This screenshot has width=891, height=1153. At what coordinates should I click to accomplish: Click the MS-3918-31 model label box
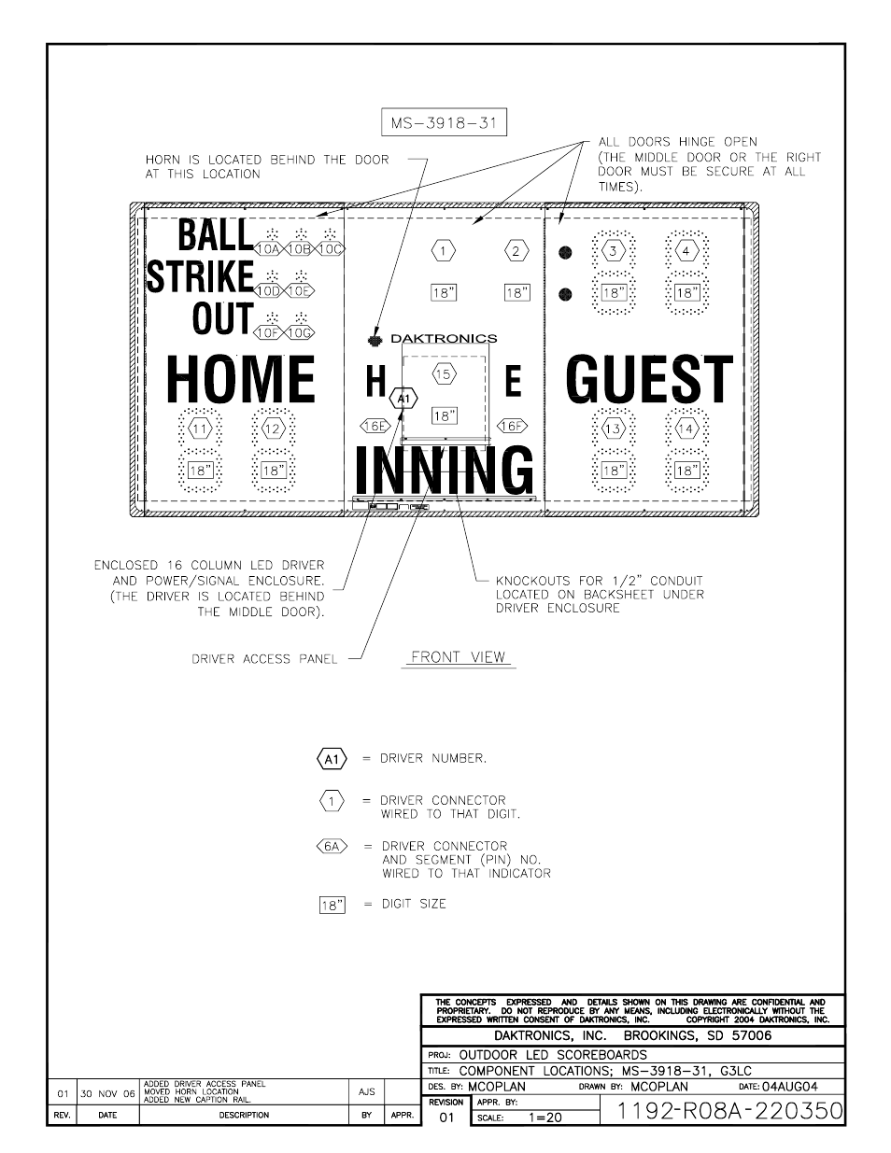pyautogui.click(x=444, y=123)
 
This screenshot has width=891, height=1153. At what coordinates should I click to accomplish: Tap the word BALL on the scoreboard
pyautogui.click(x=215, y=234)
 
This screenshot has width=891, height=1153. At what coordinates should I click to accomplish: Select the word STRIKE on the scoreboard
pyautogui.click(x=201, y=276)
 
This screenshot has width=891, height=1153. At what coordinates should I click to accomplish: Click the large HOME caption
pyautogui.click(x=241, y=379)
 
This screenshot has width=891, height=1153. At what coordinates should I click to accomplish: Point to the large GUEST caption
pyautogui.click(x=649, y=379)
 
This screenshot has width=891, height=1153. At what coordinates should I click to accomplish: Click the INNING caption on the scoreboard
pyautogui.click(x=445, y=471)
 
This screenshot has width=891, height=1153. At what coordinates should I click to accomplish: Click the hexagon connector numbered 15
pyautogui.click(x=444, y=374)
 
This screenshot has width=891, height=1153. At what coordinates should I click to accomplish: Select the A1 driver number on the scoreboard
pyautogui.click(x=404, y=399)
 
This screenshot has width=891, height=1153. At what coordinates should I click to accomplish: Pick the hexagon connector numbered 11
pyautogui.click(x=200, y=429)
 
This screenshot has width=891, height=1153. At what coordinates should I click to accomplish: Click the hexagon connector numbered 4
pyautogui.click(x=686, y=251)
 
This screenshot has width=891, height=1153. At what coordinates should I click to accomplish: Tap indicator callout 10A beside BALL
pyautogui.click(x=269, y=249)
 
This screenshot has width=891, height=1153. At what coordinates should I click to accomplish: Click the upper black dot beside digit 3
pyautogui.click(x=564, y=252)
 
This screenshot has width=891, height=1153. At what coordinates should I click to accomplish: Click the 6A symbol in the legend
pyautogui.click(x=332, y=847)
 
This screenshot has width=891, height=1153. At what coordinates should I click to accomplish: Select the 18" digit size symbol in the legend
pyautogui.click(x=332, y=905)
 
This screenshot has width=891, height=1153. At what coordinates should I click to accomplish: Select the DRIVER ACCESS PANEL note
pyautogui.click(x=264, y=659)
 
